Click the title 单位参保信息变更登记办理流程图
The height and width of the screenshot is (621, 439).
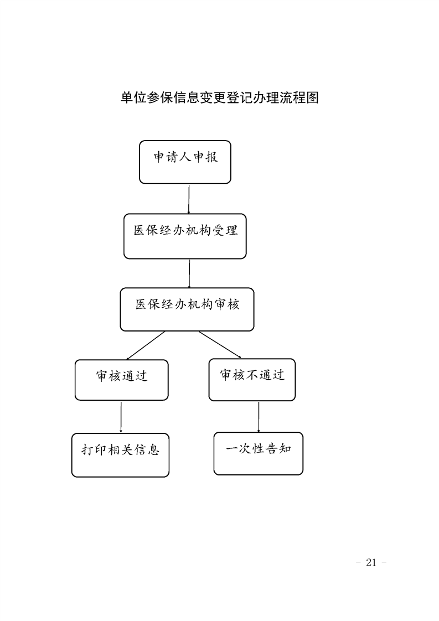[219, 98]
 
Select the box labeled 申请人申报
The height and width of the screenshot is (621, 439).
[185, 162]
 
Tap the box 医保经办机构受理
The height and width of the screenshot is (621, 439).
[185, 236]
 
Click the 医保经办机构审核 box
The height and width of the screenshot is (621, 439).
[187, 309]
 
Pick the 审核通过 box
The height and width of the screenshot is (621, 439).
[122, 380]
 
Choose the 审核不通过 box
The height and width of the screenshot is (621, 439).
[252, 380]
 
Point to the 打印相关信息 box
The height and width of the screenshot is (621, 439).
[121, 455]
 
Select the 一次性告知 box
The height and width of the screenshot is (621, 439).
[259, 453]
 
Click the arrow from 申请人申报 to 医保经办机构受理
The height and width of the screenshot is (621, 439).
[189, 199]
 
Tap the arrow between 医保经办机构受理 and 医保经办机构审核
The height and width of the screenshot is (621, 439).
[189, 273]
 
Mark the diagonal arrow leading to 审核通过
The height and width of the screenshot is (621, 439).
[146, 345]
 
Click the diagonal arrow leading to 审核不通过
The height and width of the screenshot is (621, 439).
[220, 345]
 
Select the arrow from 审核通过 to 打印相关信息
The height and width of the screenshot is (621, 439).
[121, 417]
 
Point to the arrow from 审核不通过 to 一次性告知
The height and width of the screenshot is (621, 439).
[259, 416]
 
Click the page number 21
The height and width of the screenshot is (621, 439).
[371, 562]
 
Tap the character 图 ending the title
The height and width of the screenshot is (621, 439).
[312, 98]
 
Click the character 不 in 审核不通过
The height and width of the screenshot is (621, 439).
[252, 375]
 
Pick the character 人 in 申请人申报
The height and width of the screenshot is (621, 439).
[185, 157]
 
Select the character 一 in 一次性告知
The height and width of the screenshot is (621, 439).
[232, 449]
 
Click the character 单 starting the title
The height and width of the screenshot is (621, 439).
[127, 98]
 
